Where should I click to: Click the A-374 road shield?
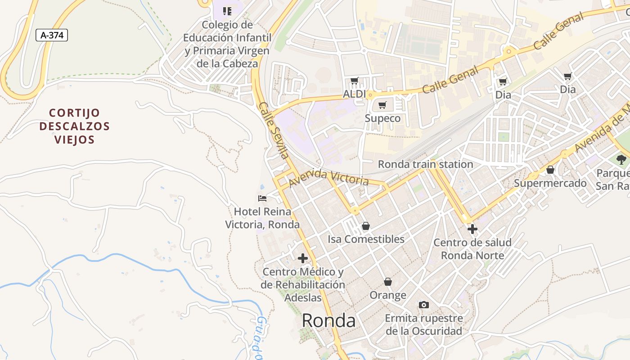tap(52, 35)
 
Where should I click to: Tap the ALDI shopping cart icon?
tap(354, 81)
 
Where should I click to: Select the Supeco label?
tap(382, 118)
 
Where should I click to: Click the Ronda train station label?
tap(425, 164)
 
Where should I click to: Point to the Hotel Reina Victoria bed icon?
tap(262, 198)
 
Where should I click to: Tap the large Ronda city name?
tap(328, 320)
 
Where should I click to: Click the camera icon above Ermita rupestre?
tap(423, 305)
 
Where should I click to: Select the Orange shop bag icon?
tap(388, 282)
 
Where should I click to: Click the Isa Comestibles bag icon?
tap(366, 226)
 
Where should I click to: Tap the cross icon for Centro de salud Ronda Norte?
tap(472, 229)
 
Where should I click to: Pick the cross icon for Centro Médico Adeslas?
tap(303, 258)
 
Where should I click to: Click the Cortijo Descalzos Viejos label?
tap(74, 126)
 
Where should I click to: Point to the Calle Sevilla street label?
tap(273, 130)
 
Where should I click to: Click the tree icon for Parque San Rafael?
tap(621, 159)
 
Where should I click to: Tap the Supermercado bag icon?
tap(550, 170)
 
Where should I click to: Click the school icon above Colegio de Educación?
tap(227, 11)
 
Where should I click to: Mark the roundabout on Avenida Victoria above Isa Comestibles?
tap(355, 211)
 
